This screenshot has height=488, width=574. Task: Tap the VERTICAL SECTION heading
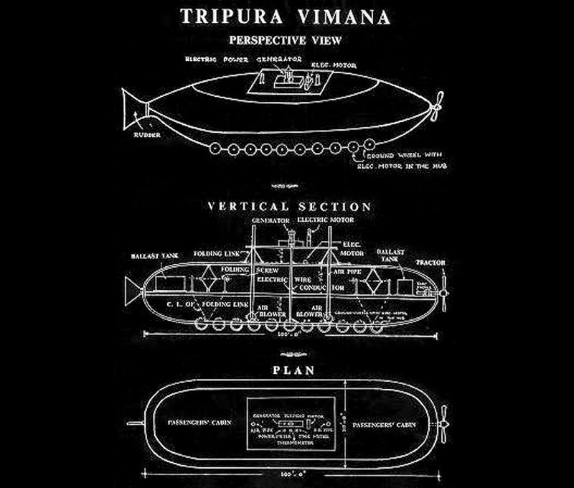click(x=289, y=207)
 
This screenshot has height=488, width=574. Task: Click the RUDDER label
click(x=146, y=134)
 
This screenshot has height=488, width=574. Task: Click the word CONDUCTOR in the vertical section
click(x=310, y=289)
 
